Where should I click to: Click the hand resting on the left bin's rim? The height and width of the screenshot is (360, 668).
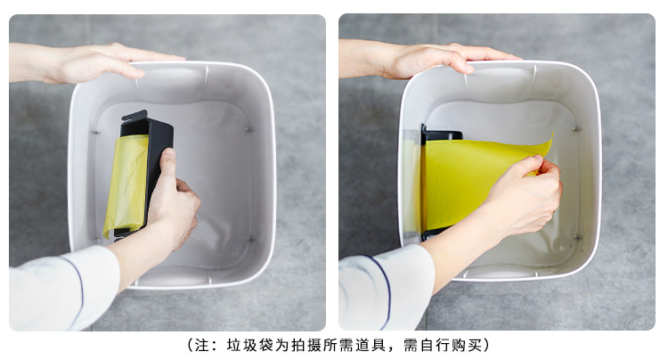[98, 62]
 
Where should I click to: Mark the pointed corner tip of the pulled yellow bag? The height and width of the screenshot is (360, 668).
[551, 137]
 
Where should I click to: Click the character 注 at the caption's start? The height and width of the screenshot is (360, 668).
[198, 345]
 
